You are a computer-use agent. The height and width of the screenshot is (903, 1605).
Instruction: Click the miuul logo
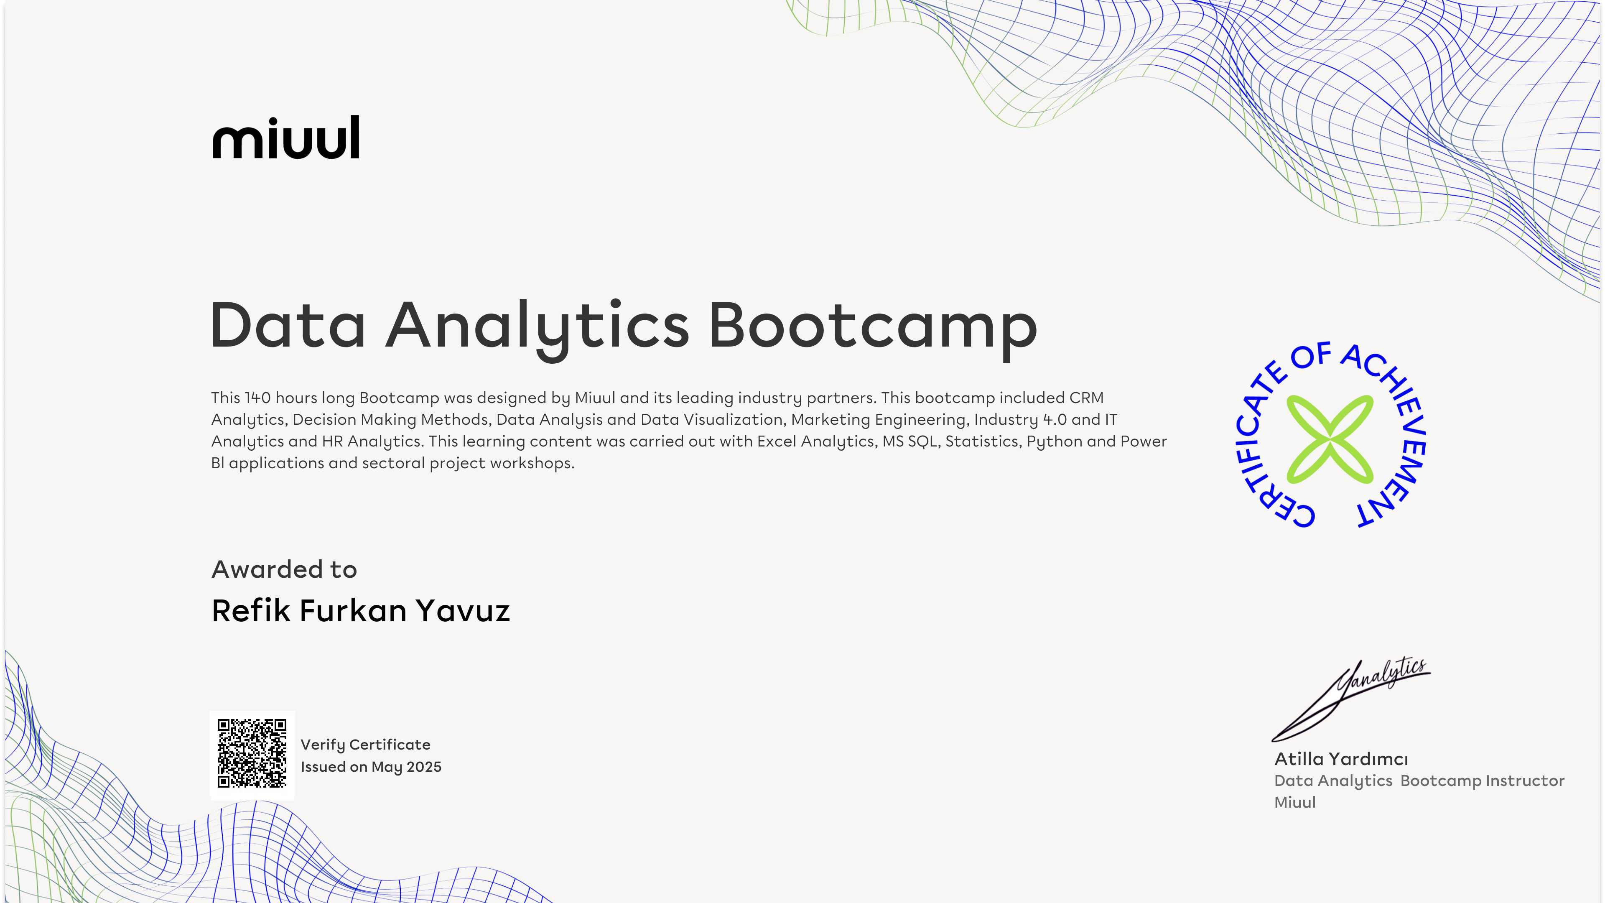click(x=286, y=137)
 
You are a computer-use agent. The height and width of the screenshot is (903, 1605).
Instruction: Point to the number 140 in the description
click(x=257, y=398)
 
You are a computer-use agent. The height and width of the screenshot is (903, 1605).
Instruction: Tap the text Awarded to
click(x=284, y=569)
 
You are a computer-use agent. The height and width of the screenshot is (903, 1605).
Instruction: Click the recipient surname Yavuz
click(x=463, y=611)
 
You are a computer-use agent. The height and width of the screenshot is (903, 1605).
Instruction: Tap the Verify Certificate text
click(x=365, y=745)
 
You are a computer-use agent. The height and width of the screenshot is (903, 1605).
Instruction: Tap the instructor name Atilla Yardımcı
click(x=1341, y=759)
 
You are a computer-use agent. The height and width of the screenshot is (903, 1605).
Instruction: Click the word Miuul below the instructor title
click(x=1295, y=803)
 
